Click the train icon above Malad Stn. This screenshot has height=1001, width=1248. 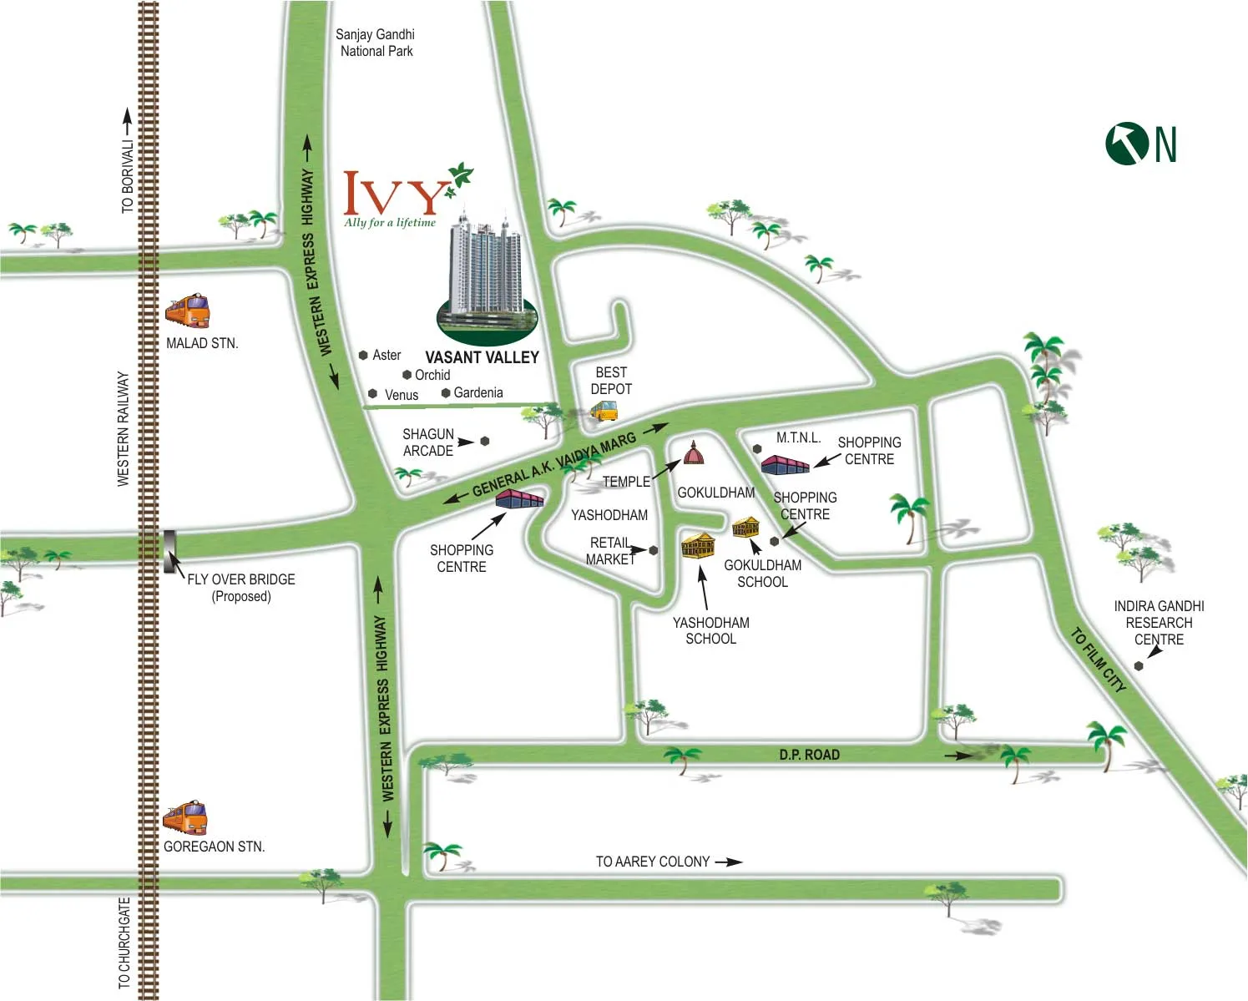pos(188,311)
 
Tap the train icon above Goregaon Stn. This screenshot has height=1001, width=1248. pos(185,817)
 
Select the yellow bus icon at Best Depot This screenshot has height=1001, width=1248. pos(604,410)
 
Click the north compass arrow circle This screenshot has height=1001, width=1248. pos(1127,144)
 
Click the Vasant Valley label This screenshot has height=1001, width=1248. pos(482,357)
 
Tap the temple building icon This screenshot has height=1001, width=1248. pos(694,452)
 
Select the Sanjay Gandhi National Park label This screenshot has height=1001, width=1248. pos(376,43)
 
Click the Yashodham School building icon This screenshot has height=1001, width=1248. pos(698,545)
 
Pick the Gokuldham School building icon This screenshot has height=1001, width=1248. pos(745,527)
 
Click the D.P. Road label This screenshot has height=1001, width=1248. pos(809,755)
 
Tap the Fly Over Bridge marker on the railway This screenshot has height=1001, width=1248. pos(169,551)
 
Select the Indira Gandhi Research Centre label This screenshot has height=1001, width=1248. pos(1159,623)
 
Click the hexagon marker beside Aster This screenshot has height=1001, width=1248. pos(363,356)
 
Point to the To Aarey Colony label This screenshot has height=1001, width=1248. pos(653,862)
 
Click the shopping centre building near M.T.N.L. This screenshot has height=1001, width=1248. pos(785,464)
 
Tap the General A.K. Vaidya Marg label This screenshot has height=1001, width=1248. pos(553,465)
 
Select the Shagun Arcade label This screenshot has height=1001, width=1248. pos(427,442)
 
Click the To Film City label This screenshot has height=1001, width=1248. pos(1099,660)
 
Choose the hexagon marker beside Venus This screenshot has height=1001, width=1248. pos(372,394)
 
